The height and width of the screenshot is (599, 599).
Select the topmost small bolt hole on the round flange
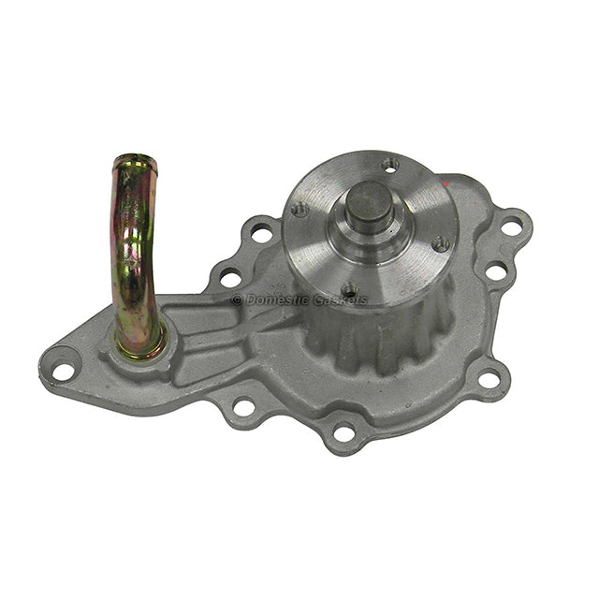click(390, 166)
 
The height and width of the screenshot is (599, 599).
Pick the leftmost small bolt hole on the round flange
click(299, 209)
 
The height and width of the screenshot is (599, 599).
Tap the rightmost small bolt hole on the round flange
click(439, 243)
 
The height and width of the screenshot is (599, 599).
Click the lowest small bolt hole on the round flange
click(349, 291)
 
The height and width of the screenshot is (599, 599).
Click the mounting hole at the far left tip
click(63, 371)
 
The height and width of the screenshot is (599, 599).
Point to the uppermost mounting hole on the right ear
click(511, 226)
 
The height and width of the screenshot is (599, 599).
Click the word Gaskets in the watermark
click(343, 300)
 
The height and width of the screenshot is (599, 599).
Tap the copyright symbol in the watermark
click(237, 300)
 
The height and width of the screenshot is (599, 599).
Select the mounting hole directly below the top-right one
click(495, 272)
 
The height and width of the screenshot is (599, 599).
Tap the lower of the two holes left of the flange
click(229, 277)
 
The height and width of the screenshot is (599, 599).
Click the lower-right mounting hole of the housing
click(489, 379)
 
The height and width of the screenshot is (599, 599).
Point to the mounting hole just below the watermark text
click(243, 406)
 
